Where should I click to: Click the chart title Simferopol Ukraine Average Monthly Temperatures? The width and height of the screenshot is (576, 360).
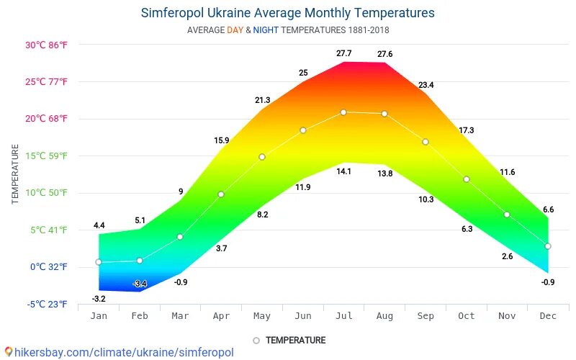[287, 13]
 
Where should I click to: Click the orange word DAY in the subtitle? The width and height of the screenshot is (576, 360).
[235, 30]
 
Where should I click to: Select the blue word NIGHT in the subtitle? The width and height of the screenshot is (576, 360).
[266, 30]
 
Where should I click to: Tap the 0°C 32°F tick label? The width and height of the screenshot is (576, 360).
[48, 267]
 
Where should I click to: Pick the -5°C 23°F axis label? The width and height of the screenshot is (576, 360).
[48, 305]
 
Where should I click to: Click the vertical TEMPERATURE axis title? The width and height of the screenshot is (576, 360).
[15, 174]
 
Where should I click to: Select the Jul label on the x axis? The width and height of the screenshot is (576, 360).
[343, 316]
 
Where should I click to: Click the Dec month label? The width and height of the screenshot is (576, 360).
[548, 316]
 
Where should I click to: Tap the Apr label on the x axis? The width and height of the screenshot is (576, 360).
[221, 316]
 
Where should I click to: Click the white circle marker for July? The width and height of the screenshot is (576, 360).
[343, 112]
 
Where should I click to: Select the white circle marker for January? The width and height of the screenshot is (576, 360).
[99, 262]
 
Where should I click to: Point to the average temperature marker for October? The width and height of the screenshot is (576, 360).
[467, 179]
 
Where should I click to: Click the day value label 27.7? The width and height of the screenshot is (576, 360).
[343, 54]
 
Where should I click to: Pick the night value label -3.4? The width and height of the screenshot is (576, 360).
[140, 284]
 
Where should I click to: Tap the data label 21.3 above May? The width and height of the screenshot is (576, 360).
[262, 100]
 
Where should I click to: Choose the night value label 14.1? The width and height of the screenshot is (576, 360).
[343, 171]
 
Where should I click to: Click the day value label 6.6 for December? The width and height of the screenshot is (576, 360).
[548, 210]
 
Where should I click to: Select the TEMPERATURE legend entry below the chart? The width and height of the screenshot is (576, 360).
[295, 341]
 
